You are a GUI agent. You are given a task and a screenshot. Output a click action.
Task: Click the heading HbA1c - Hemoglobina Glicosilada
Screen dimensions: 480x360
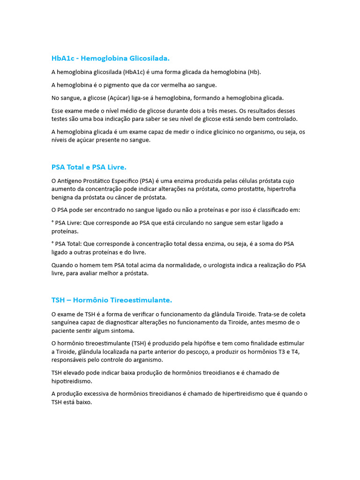110,58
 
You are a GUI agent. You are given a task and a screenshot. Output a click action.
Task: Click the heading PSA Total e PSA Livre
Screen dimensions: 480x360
89,167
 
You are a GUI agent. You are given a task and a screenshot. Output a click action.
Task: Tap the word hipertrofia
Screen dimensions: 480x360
279,189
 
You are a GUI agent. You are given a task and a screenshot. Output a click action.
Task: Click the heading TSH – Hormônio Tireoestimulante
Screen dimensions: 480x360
112,300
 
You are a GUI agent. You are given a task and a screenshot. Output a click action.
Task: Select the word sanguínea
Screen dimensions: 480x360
66,322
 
